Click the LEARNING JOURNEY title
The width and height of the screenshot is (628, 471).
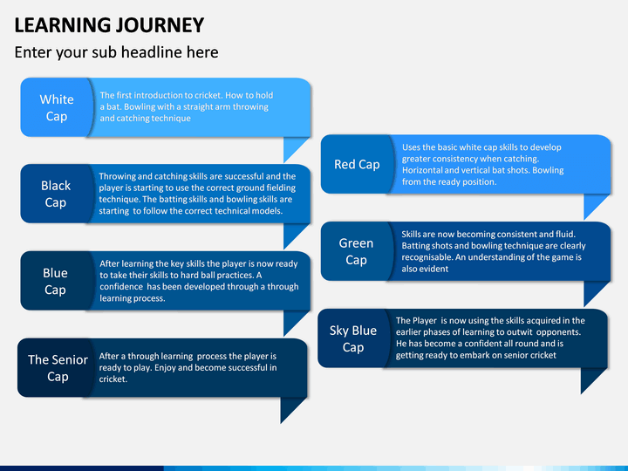point(109,24)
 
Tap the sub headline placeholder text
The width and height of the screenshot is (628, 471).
point(117,52)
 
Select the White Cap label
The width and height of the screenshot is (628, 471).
point(57,108)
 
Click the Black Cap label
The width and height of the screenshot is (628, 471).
point(56,194)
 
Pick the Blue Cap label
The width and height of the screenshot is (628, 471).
point(55,281)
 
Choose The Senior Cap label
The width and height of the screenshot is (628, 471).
point(58,368)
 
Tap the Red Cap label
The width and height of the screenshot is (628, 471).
point(357,164)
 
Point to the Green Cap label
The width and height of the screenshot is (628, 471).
point(356,251)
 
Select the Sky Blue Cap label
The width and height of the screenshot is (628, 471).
point(353,338)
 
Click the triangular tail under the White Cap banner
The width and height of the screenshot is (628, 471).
point(292,147)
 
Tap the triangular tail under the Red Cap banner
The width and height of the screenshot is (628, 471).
point(593,203)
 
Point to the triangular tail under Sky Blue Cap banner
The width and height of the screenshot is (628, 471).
point(590,378)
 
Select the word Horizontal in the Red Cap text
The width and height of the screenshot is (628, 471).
point(422,170)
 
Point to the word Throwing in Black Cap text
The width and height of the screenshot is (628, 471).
point(115,176)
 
